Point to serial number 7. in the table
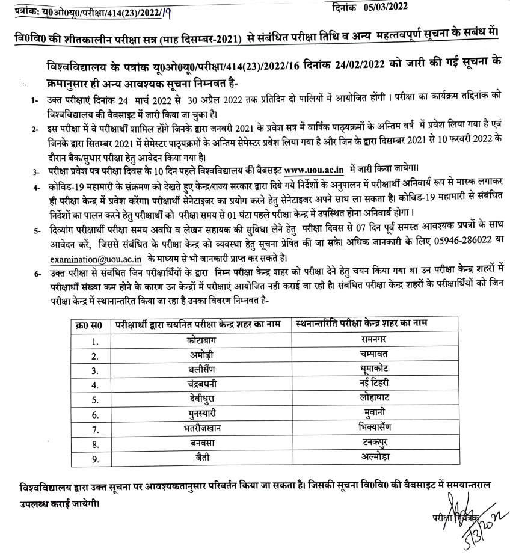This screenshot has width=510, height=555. [94, 429]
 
